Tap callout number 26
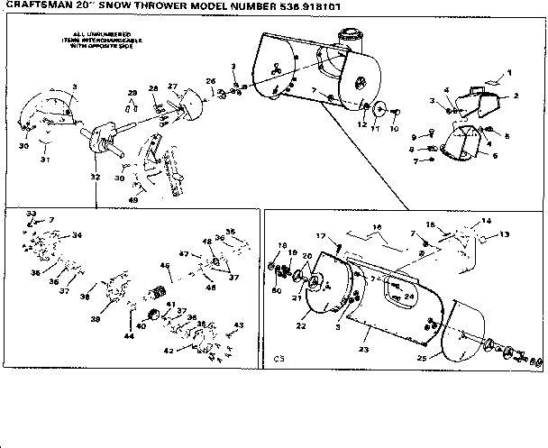(x=212, y=81)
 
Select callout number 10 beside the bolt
(x=394, y=128)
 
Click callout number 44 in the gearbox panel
(x=129, y=335)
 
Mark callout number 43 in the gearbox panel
(x=239, y=325)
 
